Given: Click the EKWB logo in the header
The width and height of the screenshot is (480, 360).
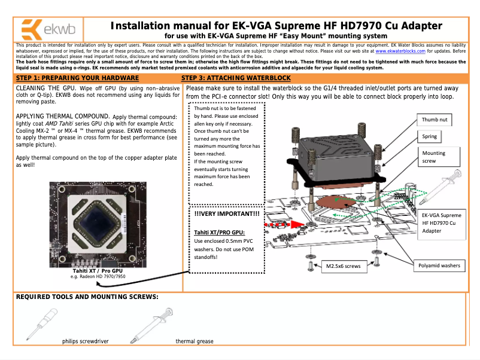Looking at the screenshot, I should (x=42, y=29).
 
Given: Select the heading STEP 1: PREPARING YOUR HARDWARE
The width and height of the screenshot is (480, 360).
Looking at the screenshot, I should (x=75, y=78).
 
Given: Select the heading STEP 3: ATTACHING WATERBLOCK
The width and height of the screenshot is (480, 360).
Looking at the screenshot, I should (x=236, y=78).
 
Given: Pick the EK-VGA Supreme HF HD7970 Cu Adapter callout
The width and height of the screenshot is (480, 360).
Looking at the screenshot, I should (x=442, y=222).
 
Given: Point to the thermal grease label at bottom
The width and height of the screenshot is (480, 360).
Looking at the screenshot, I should (x=194, y=341).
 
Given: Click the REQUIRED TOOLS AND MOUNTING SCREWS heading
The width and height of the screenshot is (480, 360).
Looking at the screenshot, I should (x=87, y=297).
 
